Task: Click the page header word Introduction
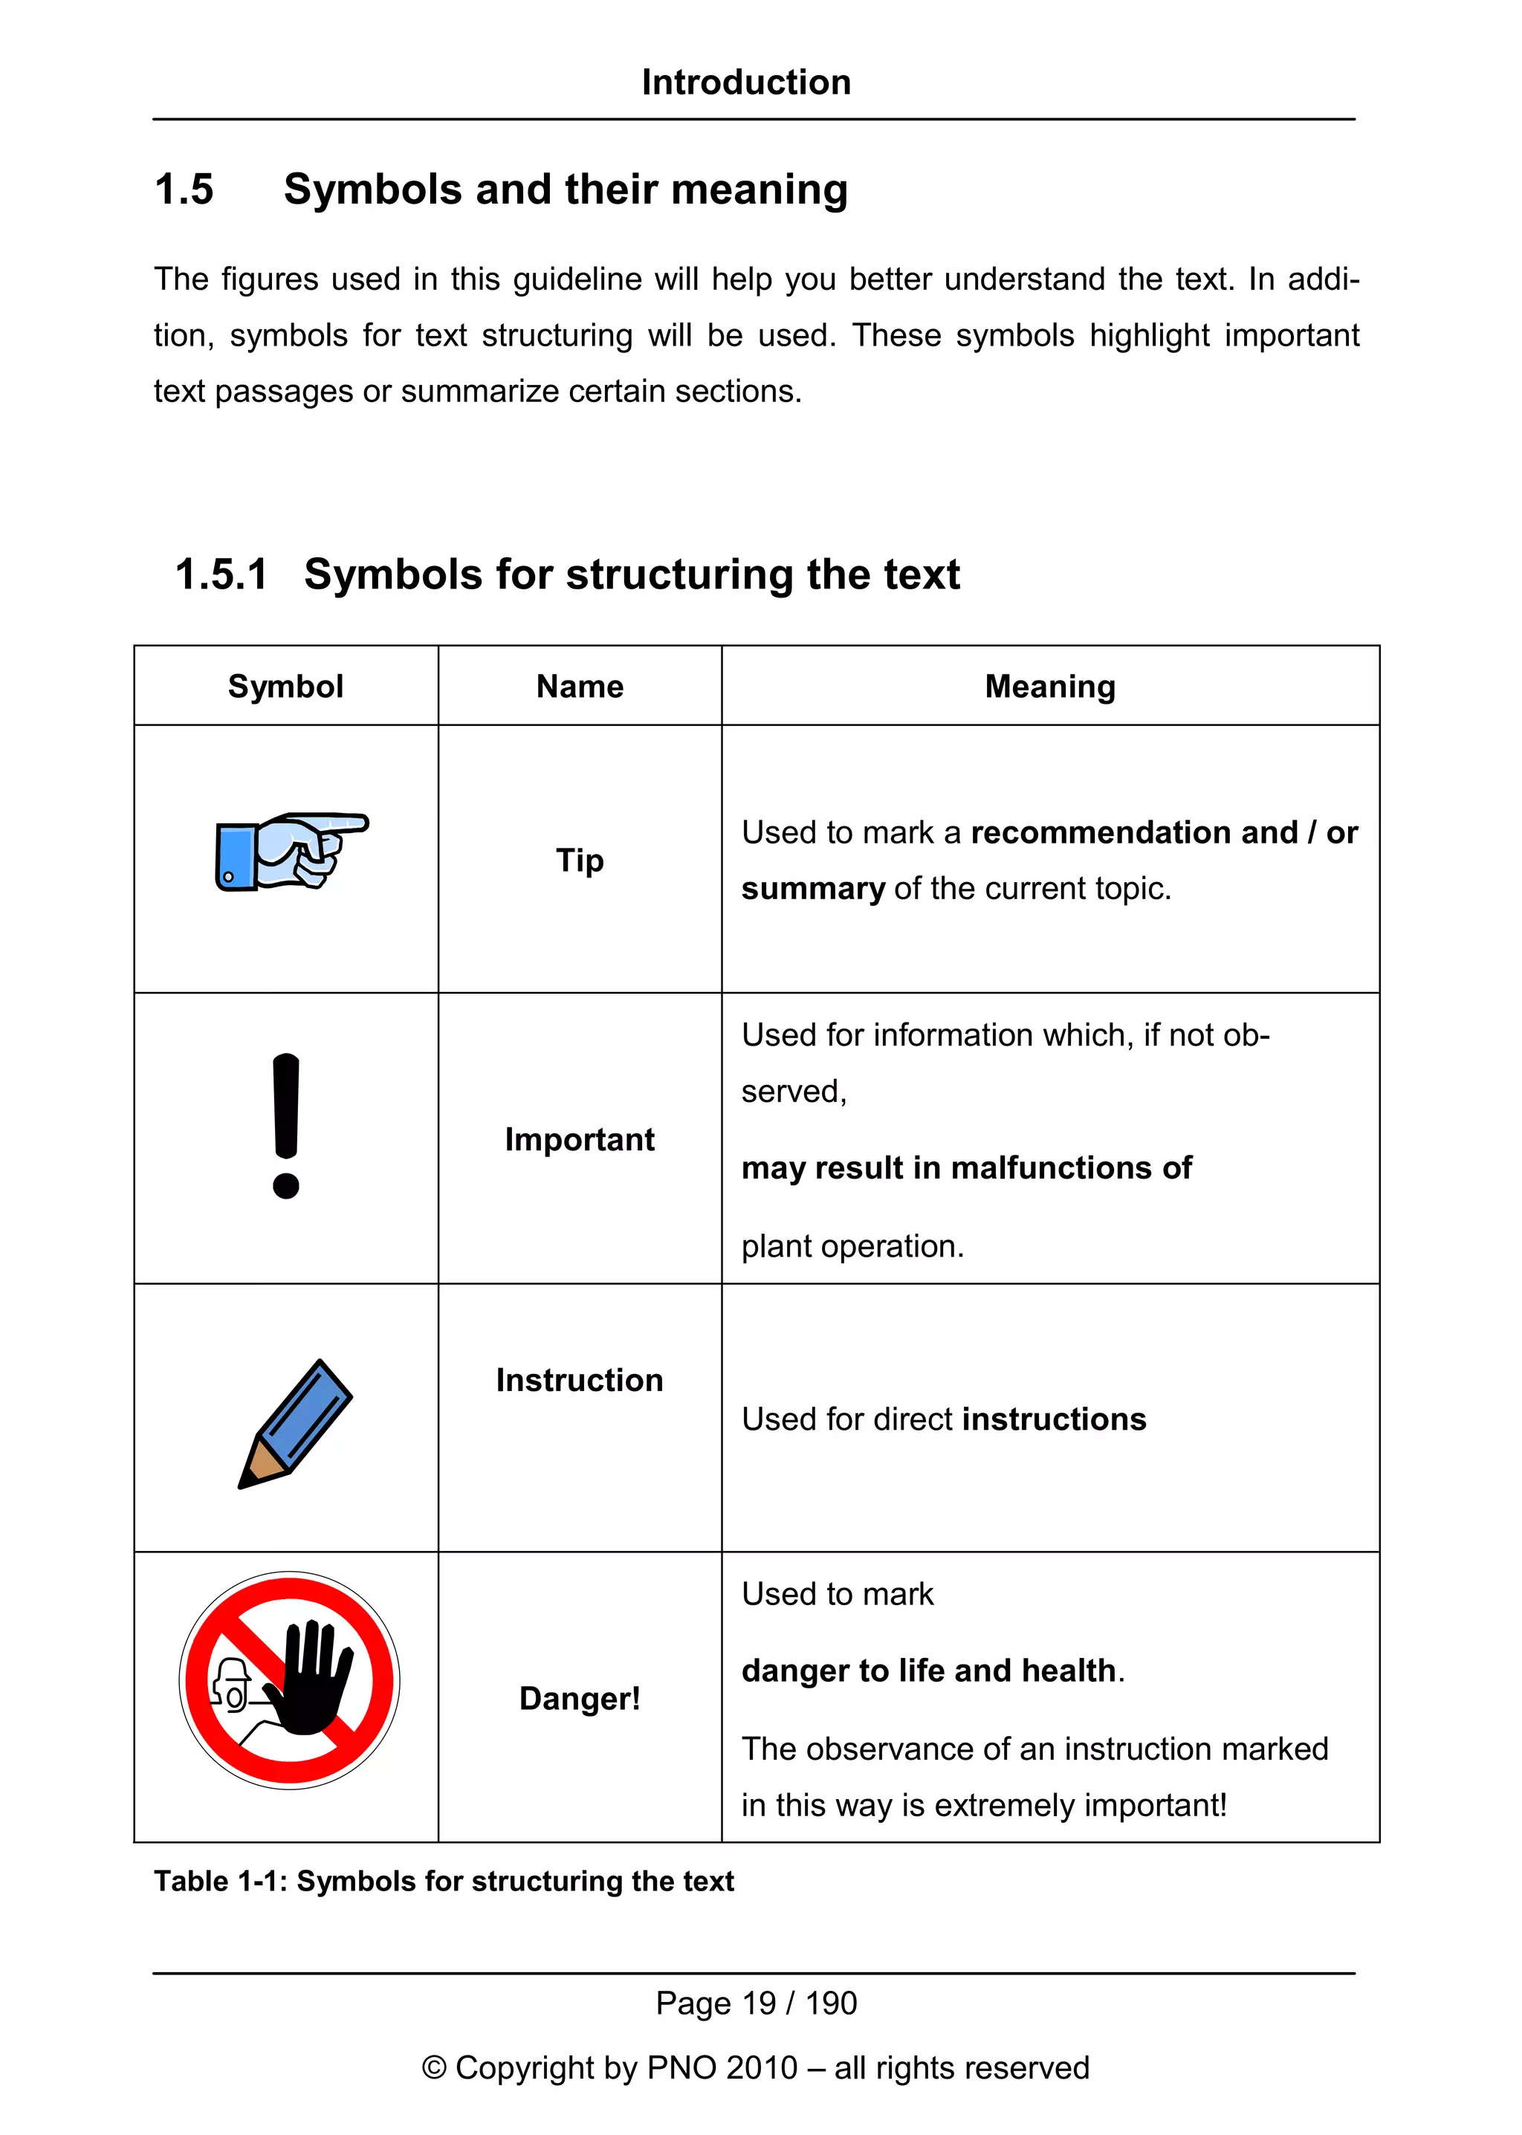(746, 82)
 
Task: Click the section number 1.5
(184, 189)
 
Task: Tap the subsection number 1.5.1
(221, 574)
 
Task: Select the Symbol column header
(286, 686)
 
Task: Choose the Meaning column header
(1049, 686)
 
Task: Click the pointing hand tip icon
(291, 851)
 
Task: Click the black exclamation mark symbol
(286, 1124)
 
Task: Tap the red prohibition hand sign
(290, 1680)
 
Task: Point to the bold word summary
(812, 889)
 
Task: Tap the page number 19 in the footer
(758, 2003)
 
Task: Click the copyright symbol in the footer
(434, 2067)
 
